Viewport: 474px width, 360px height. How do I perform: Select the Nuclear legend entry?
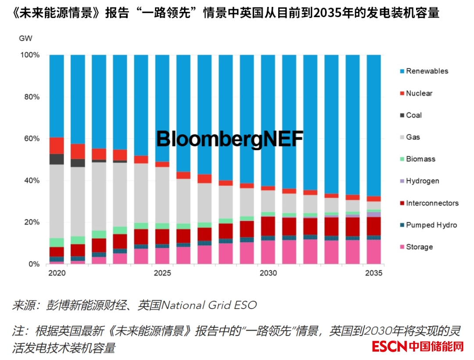414,93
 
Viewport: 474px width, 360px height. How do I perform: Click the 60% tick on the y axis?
30,139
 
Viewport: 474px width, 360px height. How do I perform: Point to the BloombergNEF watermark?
230,139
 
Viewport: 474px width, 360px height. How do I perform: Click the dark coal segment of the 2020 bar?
57,159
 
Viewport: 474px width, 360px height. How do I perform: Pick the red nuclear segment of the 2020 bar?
57,145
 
